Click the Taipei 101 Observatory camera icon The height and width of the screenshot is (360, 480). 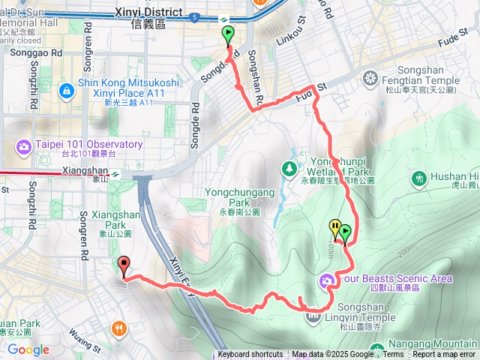pyautogui.click(x=24, y=145)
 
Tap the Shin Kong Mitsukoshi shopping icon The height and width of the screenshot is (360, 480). pyautogui.click(x=67, y=90)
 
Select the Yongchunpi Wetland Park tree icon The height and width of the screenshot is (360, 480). pyautogui.click(x=289, y=169)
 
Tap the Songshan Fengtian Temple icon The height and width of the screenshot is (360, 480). pyautogui.click(x=370, y=78)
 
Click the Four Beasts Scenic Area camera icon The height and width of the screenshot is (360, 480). pyautogui.click(x=326, y=282)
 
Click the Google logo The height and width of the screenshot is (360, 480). pyautogui.click(x=28, y=349)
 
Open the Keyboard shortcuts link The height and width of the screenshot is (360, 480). pyautogui.click(x=250, y=355)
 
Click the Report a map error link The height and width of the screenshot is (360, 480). pyautogui.click(x=444, y=355)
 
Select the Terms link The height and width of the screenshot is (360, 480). pyautogui.click(x=393, y=355)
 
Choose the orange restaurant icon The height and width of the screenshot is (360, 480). pyautogui.click(x=118, y=328)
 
